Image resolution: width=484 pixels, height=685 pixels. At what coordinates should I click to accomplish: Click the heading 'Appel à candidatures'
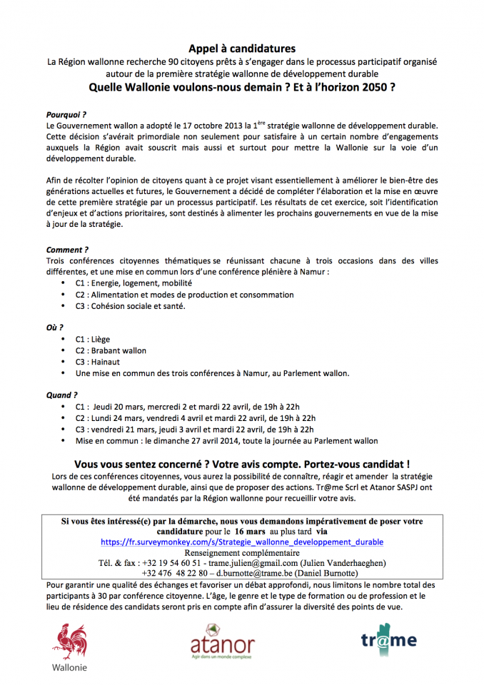(x=242, y=49)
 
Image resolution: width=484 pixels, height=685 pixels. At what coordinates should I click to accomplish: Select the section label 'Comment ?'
(x=67, y=250)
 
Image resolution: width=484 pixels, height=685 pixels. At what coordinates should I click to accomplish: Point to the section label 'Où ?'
(x=55, y=327)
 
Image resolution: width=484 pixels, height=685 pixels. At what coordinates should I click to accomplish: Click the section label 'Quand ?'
(x=62, y=395)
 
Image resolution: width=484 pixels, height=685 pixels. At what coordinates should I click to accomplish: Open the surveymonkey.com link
(x=242, y=542)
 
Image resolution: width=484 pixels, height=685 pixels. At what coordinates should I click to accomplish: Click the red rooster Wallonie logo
(x=69, y=644)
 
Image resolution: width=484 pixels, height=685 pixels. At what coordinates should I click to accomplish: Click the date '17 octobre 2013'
(x=208, y=125)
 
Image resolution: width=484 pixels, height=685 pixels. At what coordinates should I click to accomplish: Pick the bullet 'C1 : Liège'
(x=93, y=339)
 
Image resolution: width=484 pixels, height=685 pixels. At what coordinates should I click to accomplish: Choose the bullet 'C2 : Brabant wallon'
(x=111, y=350)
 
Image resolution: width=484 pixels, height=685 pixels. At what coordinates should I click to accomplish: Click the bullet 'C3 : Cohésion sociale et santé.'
(x=130, y=306)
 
